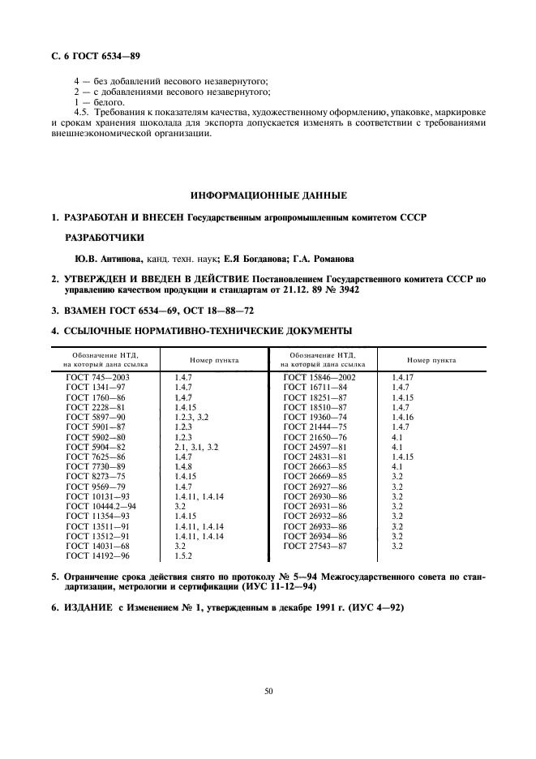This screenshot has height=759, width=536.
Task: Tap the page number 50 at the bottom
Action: pyautogui.click(x=268, y=690)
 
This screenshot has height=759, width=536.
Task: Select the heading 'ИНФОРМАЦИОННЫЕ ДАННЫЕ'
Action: pyautogui.click(x=268, y=195)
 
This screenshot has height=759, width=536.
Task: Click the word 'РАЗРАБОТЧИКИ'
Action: pyautogui.click(x=103, y=238)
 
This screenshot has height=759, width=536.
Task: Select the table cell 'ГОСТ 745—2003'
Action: pyautogui.click(x=97, y=377)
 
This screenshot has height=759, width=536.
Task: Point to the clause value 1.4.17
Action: pyautogui.click(x=403, y=377)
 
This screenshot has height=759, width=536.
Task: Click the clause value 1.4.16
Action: pyautogui.click(x=403, y=416)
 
